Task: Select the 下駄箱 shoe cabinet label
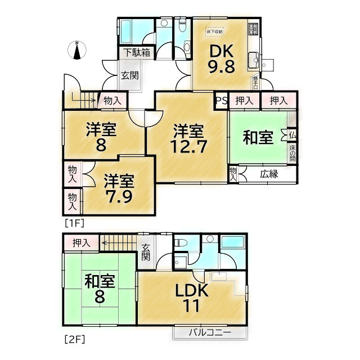137,53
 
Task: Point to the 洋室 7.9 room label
119,190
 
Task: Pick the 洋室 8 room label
101,137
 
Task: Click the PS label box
221,101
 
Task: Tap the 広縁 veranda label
269,174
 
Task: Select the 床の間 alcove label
292,154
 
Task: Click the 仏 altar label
292,135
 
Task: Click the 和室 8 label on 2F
99,288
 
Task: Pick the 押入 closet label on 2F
82,243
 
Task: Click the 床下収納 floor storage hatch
215,31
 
